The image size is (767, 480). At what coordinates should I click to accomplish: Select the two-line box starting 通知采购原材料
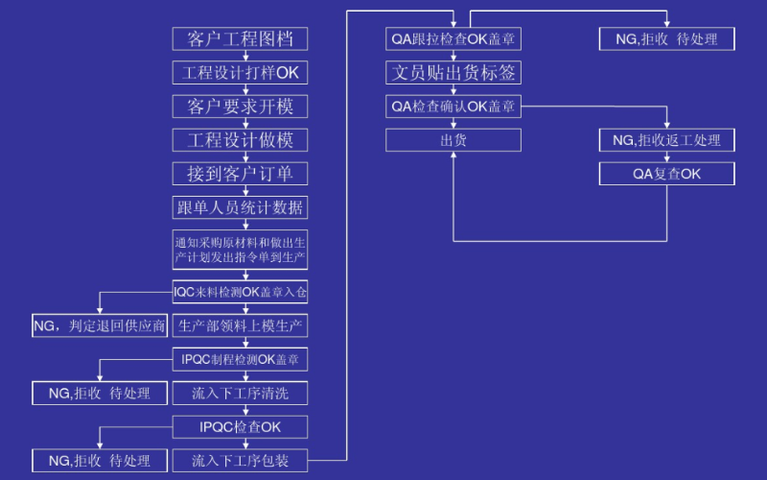pyautogui.click(x=241, y=250)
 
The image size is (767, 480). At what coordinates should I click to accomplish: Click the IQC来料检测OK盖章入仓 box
pyautogui.click(x=241, y=291)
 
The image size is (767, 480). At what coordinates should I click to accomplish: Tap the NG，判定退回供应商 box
pyautogui.click(x=100, y=326)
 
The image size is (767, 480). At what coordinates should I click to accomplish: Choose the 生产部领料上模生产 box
pyautogui.click(x=241, y=326)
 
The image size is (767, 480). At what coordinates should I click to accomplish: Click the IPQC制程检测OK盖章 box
pyautogui.click(x=241, y=360)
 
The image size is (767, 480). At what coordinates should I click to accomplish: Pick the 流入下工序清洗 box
pyautogui.click(x=241, y=394)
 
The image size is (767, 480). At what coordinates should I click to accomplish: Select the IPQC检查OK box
pyautogui.click(x=241, y=426)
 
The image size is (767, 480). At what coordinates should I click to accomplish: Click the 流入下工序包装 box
pyautogui.click(x=241, y=461)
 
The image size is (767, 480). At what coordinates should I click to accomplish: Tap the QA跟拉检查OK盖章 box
pyautogui.click(x=453, y=39)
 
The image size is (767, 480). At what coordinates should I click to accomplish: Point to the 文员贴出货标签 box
pyautogui.click(x=453, y=73)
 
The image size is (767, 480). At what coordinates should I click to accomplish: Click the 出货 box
pyautogui.click(x=453, y=140)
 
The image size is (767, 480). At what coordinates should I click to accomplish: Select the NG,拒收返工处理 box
pyautogui.click(x=667, y=140)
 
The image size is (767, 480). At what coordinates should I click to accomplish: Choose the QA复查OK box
pyautogui.click(x=667, y=174)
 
